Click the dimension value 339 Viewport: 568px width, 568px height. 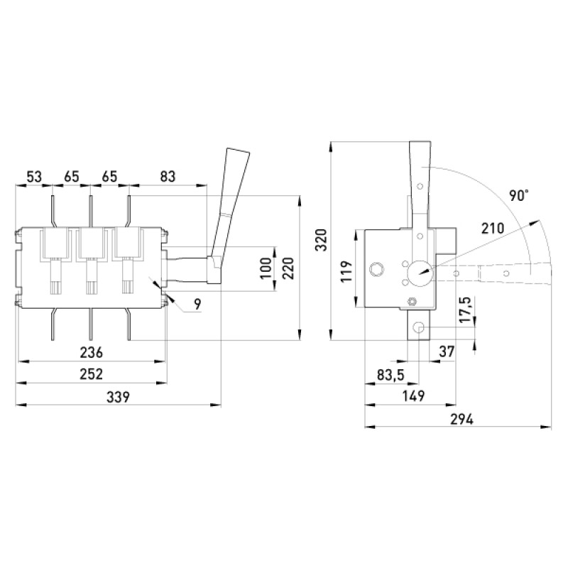coord(118,397)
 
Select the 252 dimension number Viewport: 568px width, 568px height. coord(92,374)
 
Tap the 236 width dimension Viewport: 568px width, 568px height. coord(92,352)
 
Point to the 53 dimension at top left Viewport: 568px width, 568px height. coord(34,177)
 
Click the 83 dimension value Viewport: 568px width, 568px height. coord(168,176)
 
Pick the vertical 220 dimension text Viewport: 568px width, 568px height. coord(288,268)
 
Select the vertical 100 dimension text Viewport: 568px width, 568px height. coord(266,268)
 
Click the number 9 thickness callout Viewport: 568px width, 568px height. coord(197,305)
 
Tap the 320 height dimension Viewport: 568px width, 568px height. coord(322,240)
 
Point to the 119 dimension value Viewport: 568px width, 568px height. coord(346,271)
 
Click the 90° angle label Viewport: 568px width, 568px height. coord(519,196)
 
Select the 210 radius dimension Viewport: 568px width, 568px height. coord(493,228)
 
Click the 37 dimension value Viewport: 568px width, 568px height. coord(447,351)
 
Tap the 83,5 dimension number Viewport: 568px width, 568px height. coord(390,375)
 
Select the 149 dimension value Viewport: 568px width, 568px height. coord(414,396)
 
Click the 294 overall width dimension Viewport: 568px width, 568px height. coord(462,419)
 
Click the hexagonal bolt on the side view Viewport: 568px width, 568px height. coord(412,301)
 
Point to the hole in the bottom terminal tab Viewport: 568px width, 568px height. coord(418,328)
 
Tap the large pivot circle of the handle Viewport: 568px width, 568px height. coord(420,273)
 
